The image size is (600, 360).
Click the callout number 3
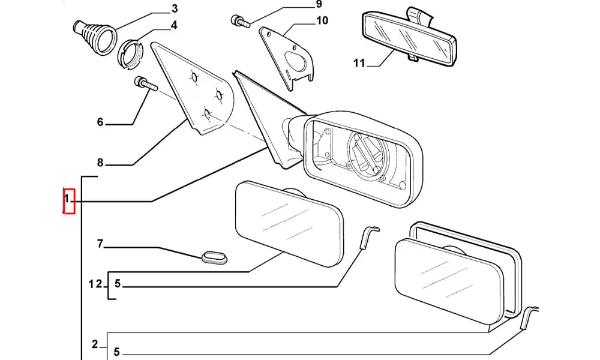point(175,8)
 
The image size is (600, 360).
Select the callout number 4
point(174,25)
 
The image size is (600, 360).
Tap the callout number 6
point(100,122)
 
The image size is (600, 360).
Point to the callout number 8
point(100,162)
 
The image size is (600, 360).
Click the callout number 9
point(319,5)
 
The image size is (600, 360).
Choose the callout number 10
point(322,21)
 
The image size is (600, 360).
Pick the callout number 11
point(359,62)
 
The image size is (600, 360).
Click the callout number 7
point(100,244)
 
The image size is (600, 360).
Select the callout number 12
point(95,284)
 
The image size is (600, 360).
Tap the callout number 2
point(95,344)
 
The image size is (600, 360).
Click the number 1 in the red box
point(68,198)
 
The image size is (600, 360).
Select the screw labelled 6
point(146,83)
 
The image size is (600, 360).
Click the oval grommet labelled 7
point(214,258)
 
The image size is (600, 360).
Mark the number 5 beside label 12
point(118,284)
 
